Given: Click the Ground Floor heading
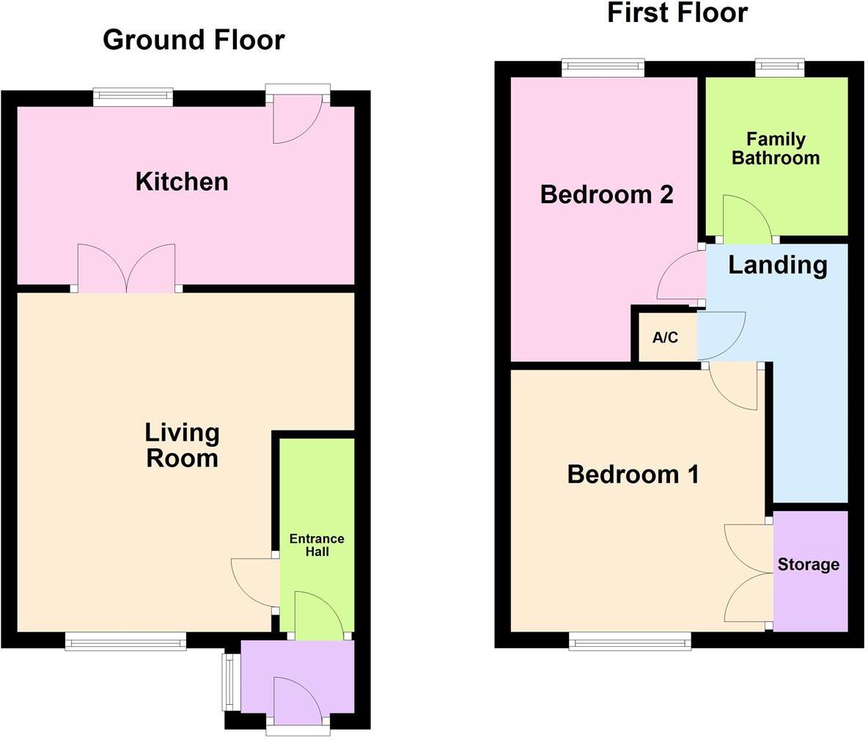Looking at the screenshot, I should pos(194,40).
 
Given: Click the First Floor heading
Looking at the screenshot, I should pos(677,12).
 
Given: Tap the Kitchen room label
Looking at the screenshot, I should pos(182,181).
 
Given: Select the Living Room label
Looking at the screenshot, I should pos(182,445).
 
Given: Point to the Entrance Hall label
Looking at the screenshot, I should pos(317,545).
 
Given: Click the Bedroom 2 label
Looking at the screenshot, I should pos(606,194).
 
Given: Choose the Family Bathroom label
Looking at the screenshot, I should pos(776,148).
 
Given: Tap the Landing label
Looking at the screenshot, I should pos(777,265).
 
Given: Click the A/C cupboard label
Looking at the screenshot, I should pos(665,338).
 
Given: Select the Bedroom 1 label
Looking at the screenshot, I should pos(633,475).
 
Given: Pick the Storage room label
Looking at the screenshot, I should pos(809,565).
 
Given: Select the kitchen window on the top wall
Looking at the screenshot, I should pos(133,97).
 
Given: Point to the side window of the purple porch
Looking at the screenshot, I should pos(227,682).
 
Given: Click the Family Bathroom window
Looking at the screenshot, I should pos(780,68).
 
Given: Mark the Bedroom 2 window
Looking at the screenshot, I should pos(603,68).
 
